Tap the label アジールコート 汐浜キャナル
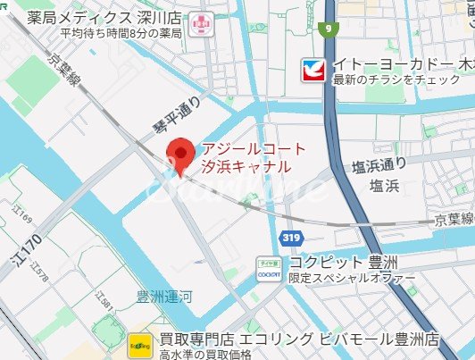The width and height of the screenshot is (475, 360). [x=254, y=158]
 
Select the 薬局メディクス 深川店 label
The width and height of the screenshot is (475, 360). [x=104, y=16]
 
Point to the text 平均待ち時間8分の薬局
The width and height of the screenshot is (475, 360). [x=121, y=33]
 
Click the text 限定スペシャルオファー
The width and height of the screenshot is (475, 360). [x=352, y=279]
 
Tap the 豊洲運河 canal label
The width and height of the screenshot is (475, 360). [x=163, y=300]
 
